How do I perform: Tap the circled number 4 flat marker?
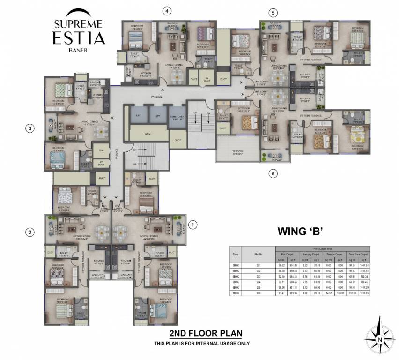click(x=167, y=11)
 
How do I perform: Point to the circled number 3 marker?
click(x=30, y=128)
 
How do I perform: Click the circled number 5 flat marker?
click(x=273, y=13)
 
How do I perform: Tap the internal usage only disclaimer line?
click(x=202, y=344)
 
